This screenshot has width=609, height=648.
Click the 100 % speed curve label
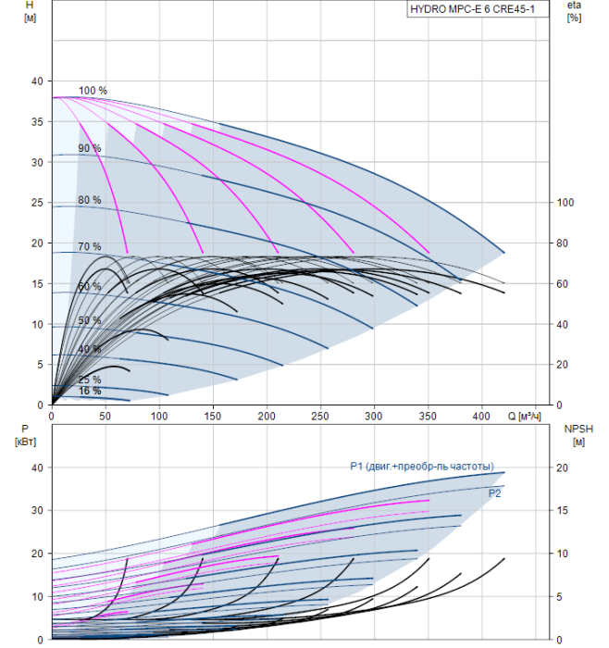(93, 91)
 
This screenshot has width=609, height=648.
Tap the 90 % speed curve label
(90, 148)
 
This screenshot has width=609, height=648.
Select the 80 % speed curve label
(90, 200)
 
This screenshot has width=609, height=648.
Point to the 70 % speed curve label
(90, 247)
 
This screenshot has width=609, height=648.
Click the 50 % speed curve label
(90, 320)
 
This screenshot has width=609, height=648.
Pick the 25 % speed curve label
(90, 380)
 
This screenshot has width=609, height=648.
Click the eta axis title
(574, 11)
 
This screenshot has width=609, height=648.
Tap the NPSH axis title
(577, 434)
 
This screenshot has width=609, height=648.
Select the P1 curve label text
(422, 466)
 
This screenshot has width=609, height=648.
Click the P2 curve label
(496, 494)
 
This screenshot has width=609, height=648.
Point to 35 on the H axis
(38, 122)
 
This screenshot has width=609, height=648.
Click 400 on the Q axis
(482, 418)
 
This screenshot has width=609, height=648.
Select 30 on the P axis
(38, 511)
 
